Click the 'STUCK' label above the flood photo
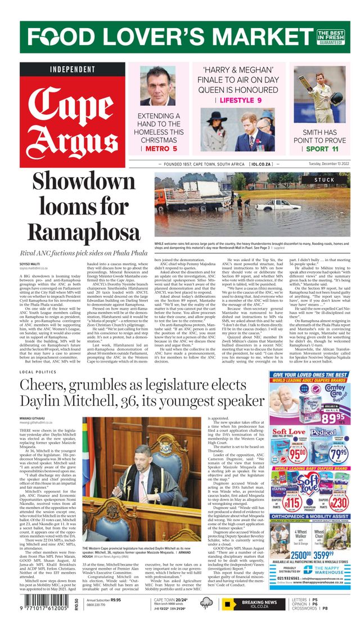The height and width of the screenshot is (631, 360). tap(324, 180)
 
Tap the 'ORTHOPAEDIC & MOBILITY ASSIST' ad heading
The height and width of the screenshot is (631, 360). tap(310, 516)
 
